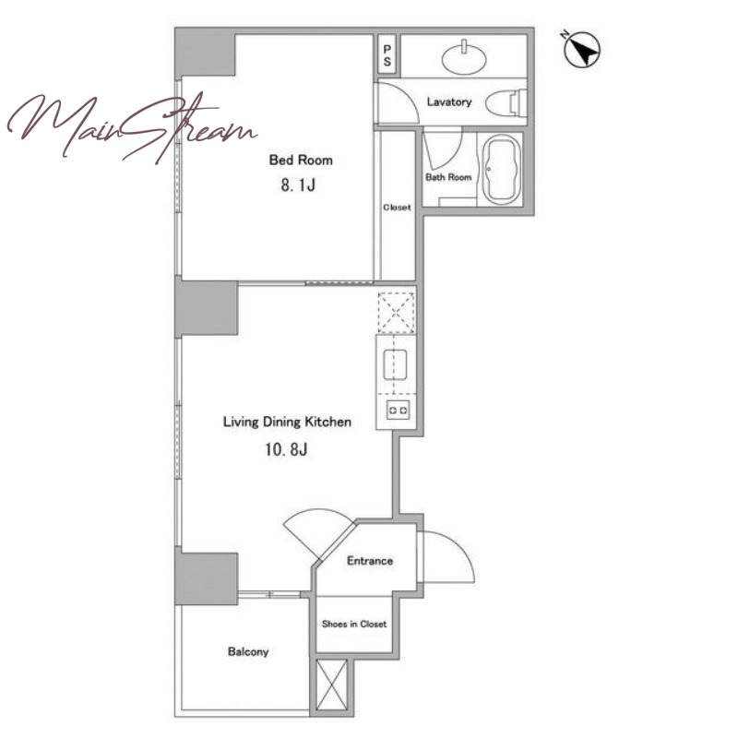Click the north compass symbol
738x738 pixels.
pos(582,49)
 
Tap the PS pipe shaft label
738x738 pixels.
pos(387,55)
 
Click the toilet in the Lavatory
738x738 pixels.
pos(506,102)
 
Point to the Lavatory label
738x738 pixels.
pos(449,101)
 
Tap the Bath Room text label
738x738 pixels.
pos(448,177)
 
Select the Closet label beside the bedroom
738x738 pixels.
pos(397,207)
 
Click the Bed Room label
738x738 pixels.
pos(301,160)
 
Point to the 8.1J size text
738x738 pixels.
pos(298,185)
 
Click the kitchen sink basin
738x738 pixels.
pos(395,364)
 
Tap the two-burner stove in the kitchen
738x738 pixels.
pos(398,410)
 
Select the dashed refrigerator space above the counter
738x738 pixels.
pos(397,313)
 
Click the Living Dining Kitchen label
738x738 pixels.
pos(287,422)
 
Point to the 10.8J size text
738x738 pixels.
pos(286,449)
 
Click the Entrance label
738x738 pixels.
pos(370,561)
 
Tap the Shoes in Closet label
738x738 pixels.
pos(354,625)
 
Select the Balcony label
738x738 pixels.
pos(248,652)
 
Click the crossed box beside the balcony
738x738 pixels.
pos(332,684)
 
